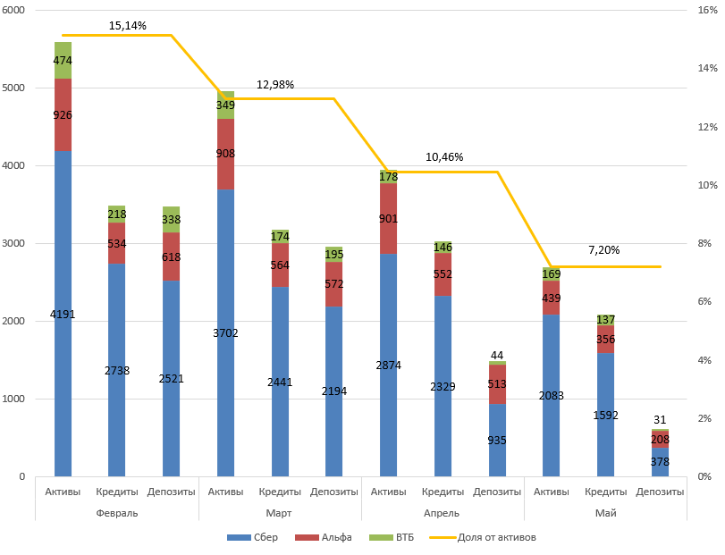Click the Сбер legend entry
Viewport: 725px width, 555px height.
tap(252, 537)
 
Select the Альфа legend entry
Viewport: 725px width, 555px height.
tap(324, 537)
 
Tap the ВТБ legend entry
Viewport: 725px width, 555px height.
tap(392, 537)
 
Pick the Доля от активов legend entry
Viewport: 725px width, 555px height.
tap(483, 537)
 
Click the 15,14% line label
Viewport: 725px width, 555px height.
tap(127, 26)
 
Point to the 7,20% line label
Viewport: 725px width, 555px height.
tap(603, 250)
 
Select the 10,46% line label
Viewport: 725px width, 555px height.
tap(444, 157)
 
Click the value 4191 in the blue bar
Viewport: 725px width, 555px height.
tap(63, 315)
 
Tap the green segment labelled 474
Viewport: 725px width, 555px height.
tap(63, 61)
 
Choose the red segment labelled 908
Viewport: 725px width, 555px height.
tap(225, 155)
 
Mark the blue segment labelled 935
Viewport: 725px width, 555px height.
tap(498, 440)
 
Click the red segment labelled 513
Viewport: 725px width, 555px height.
tap(498, 384)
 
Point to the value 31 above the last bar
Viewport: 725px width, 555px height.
tap(660, 419)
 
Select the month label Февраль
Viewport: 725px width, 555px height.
tap(117, 513)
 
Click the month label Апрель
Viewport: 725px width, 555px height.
tap(442, 513)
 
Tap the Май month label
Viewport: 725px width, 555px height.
tap(606, 513)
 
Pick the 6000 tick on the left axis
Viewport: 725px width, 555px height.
tap(13, 10)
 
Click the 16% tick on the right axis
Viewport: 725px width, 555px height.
tap(707, 10)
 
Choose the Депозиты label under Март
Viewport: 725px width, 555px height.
tap(333, 492)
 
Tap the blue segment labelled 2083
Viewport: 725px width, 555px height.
tap(552, 396)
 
